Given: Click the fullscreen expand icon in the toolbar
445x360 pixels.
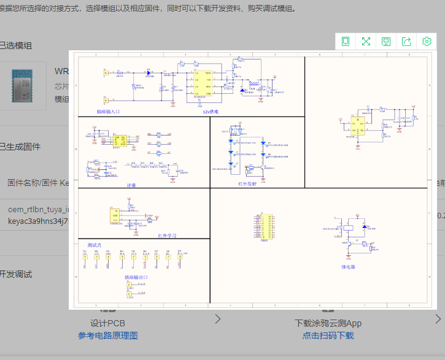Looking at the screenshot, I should click(x=366, y=41).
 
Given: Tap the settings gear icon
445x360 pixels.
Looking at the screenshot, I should click(x=427, y=41).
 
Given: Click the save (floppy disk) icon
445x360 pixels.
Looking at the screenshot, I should click(x=386, y=41).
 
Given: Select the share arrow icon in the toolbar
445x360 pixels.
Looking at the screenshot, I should click(x=406, y=41).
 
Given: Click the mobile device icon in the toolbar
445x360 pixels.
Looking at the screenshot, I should click(x=346, y=41).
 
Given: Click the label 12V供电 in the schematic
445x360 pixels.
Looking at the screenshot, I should click(x=211, y=112).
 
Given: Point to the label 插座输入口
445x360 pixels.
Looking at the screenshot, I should click(x=109, y=112).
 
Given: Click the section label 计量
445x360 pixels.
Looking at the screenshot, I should click(x=131, y=184).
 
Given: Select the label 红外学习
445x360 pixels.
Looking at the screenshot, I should click(x=167, y=235).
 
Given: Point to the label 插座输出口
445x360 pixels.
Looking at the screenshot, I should click(x=136, y=277).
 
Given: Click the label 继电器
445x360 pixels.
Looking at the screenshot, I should click(x=349, y=267).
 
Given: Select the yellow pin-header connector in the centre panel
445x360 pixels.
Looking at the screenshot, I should click(x=265, y=227).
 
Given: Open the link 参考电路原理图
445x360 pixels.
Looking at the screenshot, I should click(x=108, y=335).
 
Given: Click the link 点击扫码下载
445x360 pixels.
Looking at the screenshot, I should click(x=328, y=335).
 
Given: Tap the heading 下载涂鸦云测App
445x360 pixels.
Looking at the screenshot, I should click(x=328, y=323).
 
